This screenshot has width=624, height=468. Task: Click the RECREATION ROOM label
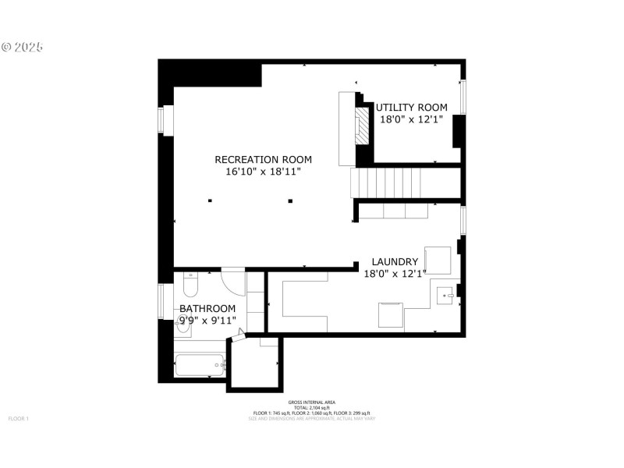[x=257, y=159]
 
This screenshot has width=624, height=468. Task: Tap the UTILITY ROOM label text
[x=412, y=108]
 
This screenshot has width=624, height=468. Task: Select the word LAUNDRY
[x=395, y=262]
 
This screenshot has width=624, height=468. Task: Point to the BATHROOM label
[x=207, y=309]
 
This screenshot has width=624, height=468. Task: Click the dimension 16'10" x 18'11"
[x=257, y=171]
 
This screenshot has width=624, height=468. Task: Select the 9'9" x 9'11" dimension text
[x=207, y=320]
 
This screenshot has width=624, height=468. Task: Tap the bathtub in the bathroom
[x=200, y=364]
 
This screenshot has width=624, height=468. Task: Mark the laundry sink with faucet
[x=447, y=296]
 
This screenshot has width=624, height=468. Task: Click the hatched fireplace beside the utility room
[x=363, y=125]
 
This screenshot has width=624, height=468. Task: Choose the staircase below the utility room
[x=386, y=184]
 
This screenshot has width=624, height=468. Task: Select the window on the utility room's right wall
[x=463, y=96]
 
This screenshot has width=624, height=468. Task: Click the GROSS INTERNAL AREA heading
[x=311, y=402]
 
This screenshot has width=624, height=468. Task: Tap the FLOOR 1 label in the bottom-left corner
[x=18, y=419]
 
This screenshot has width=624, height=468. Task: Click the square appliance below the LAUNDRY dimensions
[x=391, y=315]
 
